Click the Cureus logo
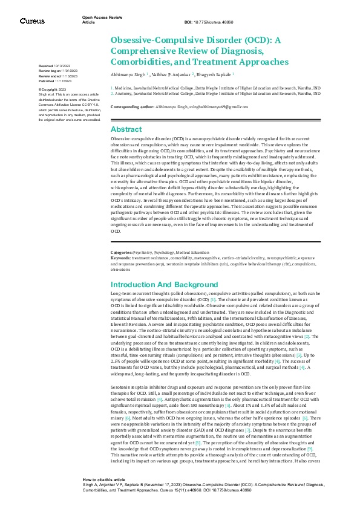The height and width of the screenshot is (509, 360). (32, 21)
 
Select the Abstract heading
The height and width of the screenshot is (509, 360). (126, 129)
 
